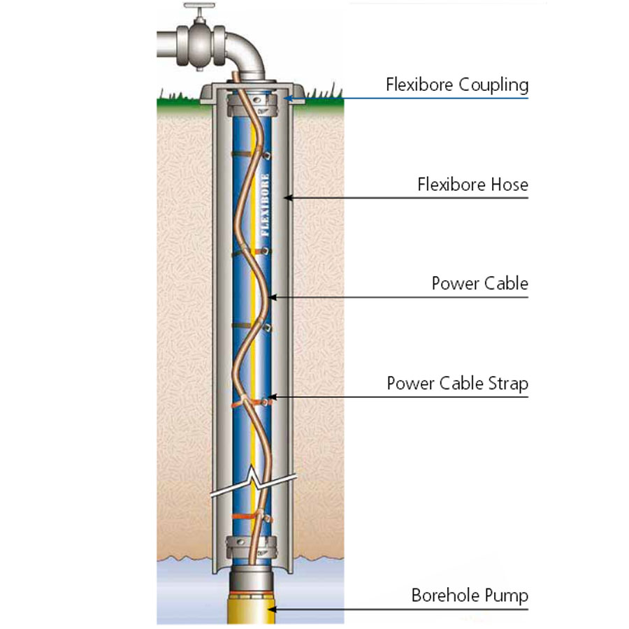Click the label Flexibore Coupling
click(457, 85)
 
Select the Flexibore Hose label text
click(472, 185)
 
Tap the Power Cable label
click(479, 284)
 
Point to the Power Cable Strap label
click(457, 384)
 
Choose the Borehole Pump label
click(469, 595)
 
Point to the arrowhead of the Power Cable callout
click(272, 298)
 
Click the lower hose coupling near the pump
click(252, 543)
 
